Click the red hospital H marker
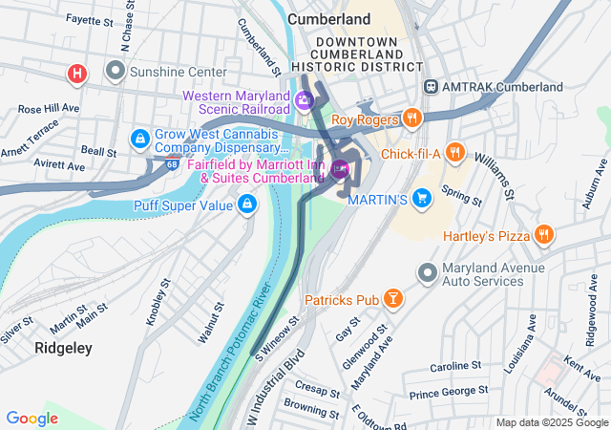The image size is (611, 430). [77, 73]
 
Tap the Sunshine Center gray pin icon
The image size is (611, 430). [116, 72]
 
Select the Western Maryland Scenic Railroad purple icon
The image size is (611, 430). [305, 100]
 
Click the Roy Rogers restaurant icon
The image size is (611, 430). [412, 118]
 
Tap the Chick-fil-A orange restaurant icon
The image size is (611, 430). [455, 152]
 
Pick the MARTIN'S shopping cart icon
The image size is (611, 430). [422, 199]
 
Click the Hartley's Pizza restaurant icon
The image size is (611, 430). [544, 234]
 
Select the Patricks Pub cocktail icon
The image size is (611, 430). [392, 300]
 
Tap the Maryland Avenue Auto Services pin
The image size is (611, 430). [427, 274]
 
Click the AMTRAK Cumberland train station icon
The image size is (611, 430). [432, 87]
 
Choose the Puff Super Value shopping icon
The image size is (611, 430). [247, 203]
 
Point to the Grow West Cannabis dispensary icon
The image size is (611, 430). [140, 140]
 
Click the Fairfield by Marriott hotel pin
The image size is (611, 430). [341, 171]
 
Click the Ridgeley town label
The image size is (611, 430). [63, 348]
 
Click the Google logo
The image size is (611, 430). [32, 418]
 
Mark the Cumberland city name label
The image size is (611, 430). [328, 18]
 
